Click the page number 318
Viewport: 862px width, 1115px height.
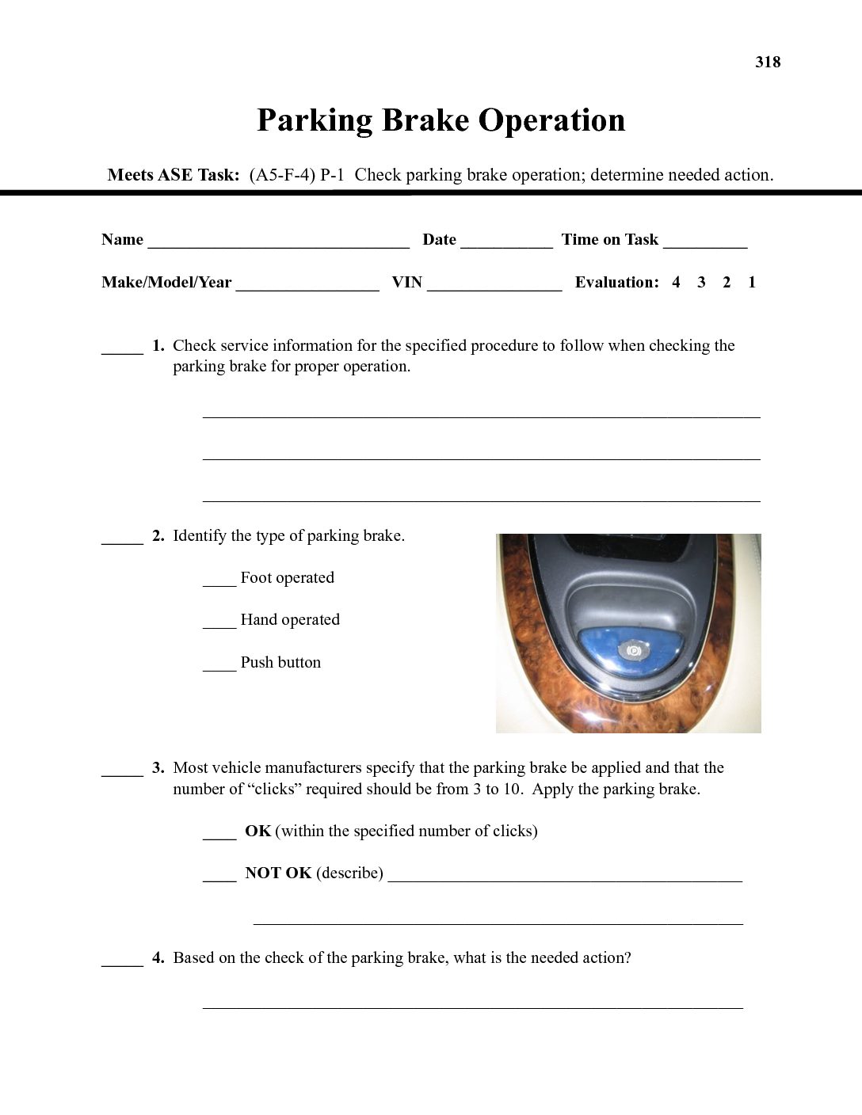pyautogui.click(x=768, y=63)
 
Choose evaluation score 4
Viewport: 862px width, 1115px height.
pyautogui.click(x=676, y=283)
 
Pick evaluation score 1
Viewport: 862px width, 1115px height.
pyautogui.click(x=751, y=283)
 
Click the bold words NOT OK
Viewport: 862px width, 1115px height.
pyautogui.click(x=278, y=873)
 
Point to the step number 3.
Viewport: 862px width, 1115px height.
pyautogui.click(x=158, y=768)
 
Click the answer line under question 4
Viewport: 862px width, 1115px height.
pyautogui.click(x=473, y=1007)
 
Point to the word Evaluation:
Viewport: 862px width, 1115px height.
pyautogui.click(x=616, y=283)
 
